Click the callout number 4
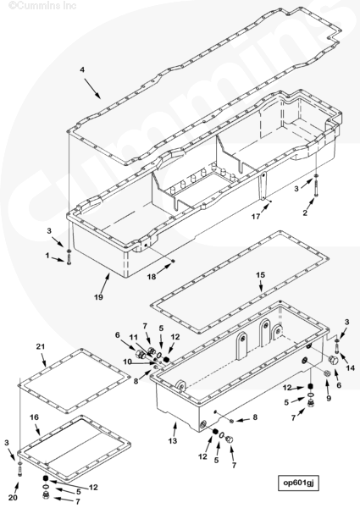[x=82, y=69]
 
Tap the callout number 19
[x=98, y=297]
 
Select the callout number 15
[x=261, y=275]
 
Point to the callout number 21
[x=40, y=346]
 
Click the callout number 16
[x=35, y=417]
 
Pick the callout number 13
[x=173, y=441]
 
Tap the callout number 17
[x=256, y=217]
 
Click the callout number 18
[x=152, y=277]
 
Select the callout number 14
[x=351, y=368]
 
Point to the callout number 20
[x=13, y=498]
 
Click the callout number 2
[x=305, y=213]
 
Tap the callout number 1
[x=47, y=256]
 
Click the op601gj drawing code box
[x=298, y=483]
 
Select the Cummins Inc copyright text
[x=42, y=6]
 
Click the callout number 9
[x=329, y=398]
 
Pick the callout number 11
[x=134, y=338]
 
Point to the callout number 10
[x=128, y=362]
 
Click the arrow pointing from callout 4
[x=92, y=88]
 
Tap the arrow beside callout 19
[x=105, y=283]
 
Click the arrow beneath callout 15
[x=261, y=286]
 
